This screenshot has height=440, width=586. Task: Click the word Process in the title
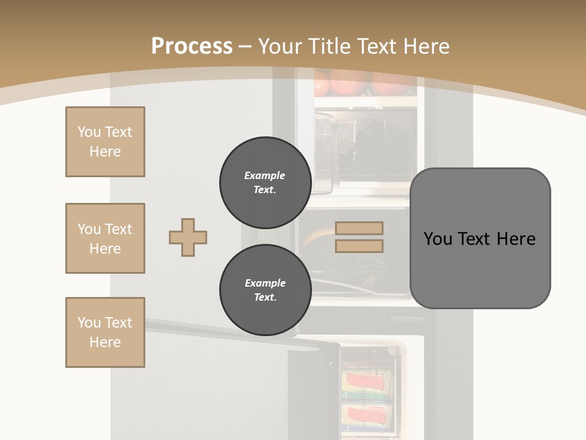pos(192,46)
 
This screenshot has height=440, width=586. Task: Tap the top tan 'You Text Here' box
pos(105,142)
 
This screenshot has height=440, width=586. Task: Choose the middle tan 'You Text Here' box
pos(105,238)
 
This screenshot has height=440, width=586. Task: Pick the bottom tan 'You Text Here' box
pos(105,332)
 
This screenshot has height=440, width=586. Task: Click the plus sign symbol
pos(188,237)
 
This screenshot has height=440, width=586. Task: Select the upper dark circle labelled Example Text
pos(265,182)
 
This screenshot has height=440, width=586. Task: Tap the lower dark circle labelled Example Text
pos(265,290)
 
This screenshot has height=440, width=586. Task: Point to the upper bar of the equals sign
pos(359,228)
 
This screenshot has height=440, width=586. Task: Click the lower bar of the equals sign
pos(359,246)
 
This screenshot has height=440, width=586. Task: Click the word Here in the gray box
pos(516,239)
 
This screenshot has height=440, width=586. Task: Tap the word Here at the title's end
pos(424,46)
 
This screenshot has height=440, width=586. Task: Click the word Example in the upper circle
pos(265,175)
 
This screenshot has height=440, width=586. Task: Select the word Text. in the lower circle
pos(265,298)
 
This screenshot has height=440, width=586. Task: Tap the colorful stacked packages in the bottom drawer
pos(366,397)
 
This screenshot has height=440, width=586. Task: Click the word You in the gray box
pos(438,239)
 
